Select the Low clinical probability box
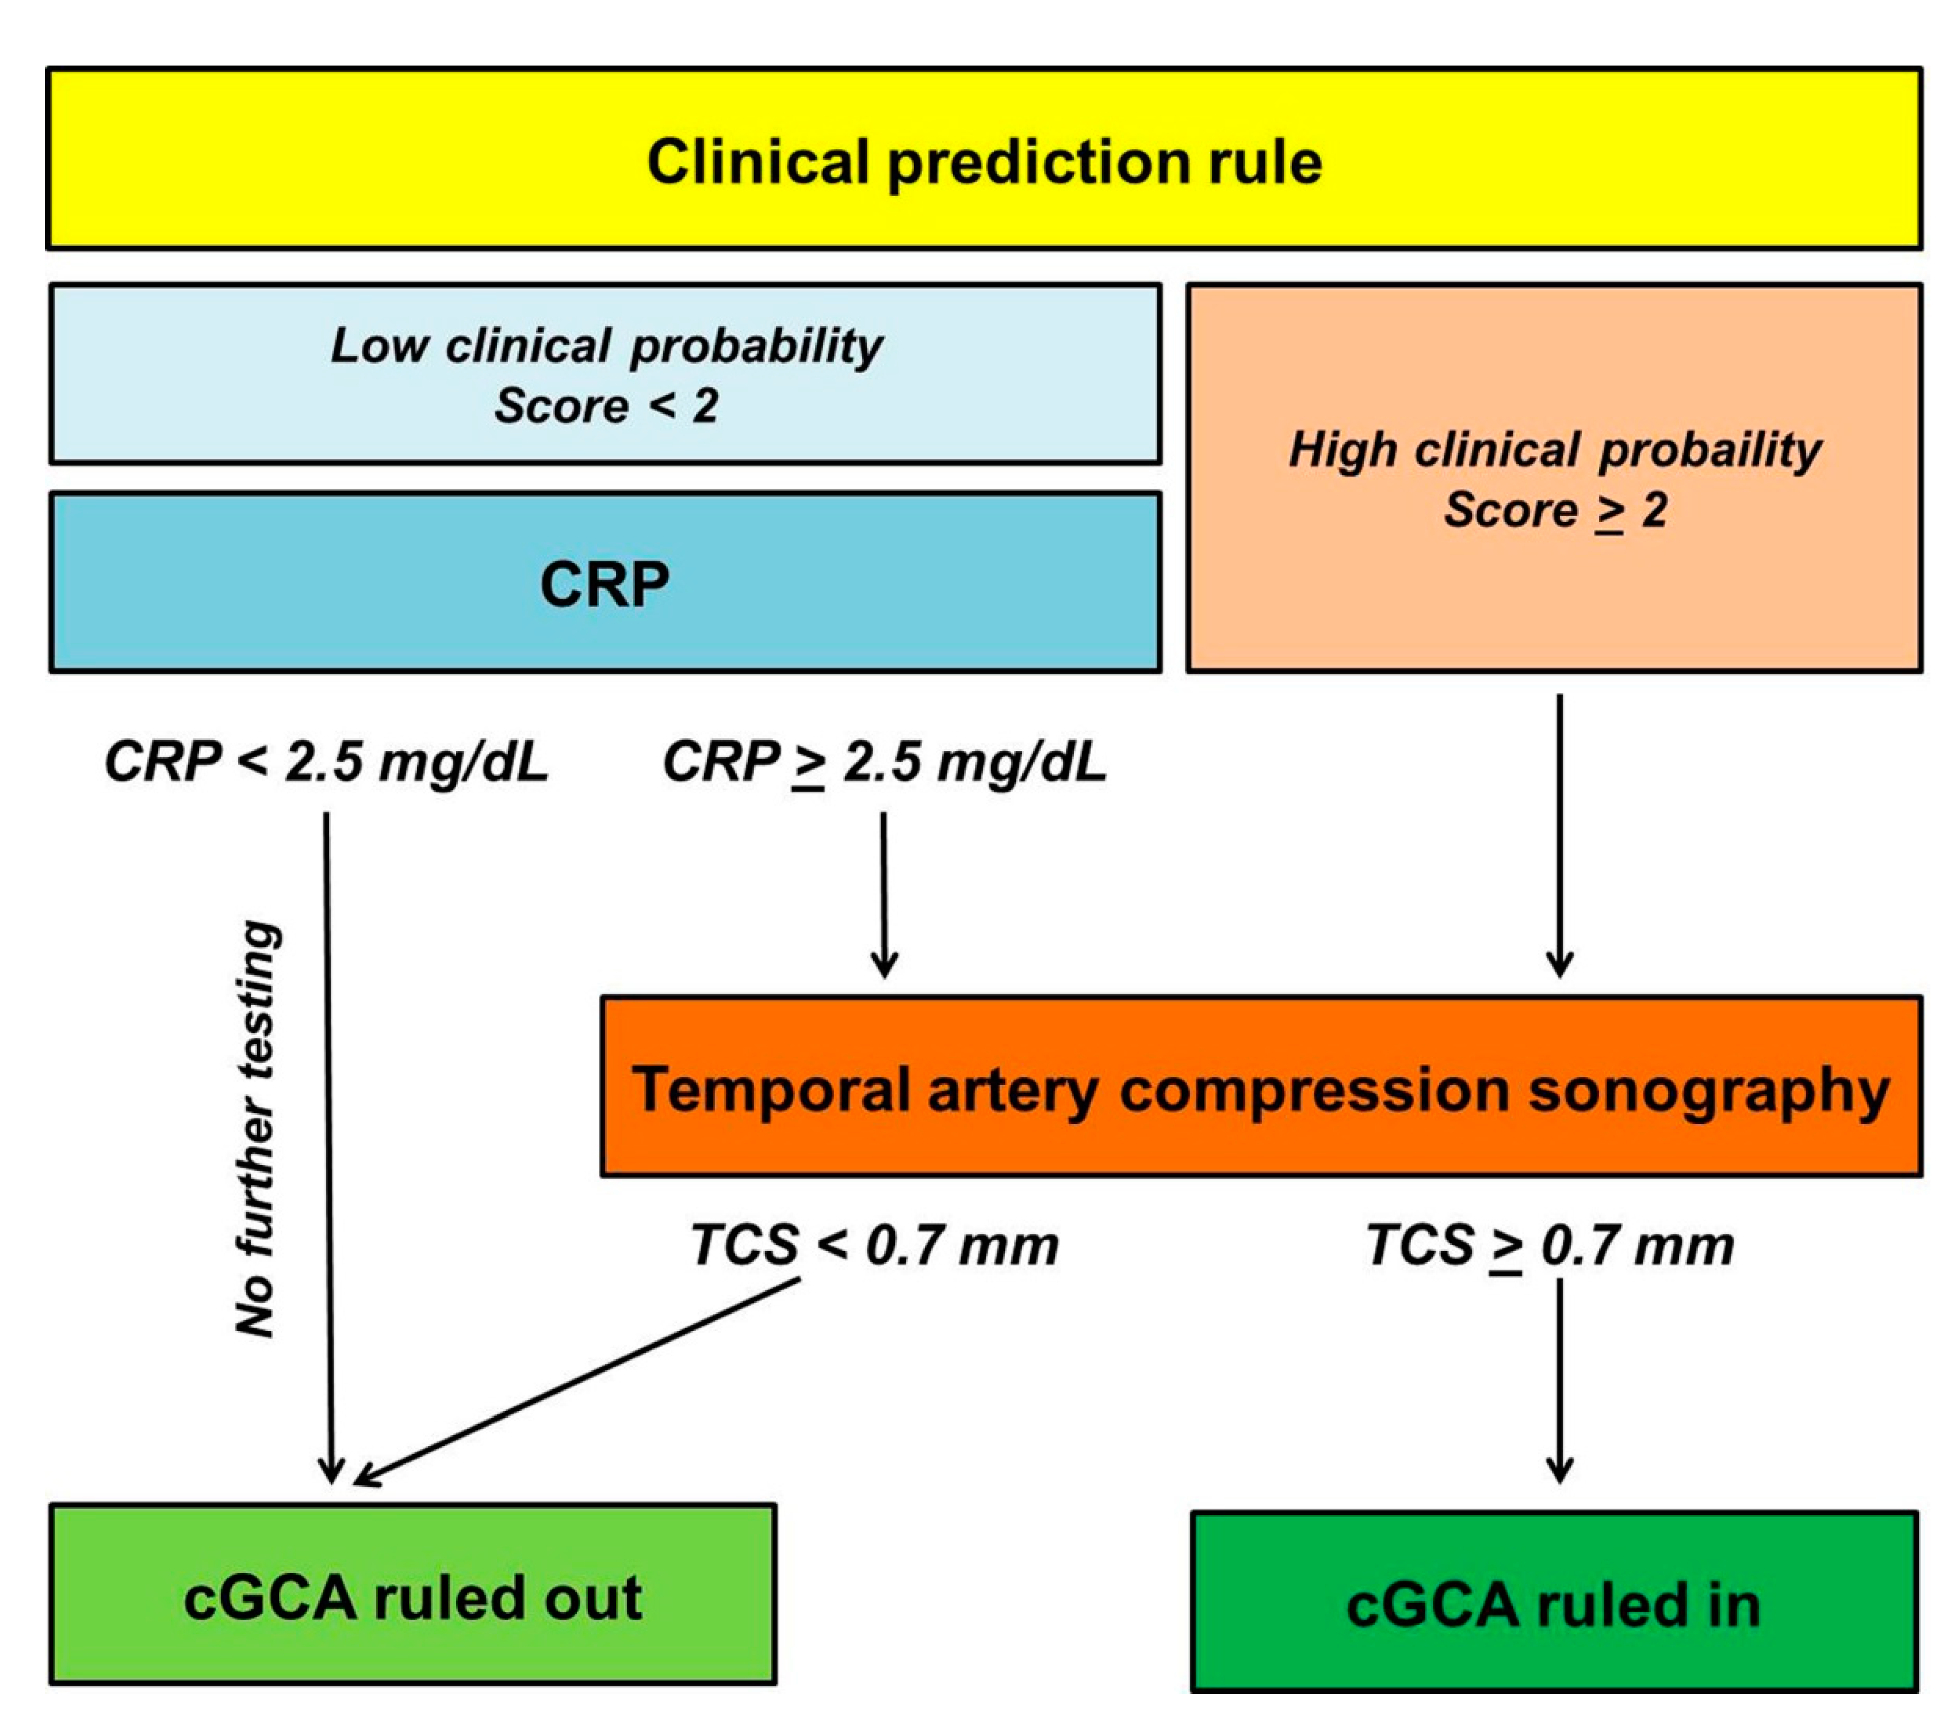[x=606, y=374]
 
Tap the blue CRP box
[x=606, y=582]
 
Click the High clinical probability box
[x=1554, y=478]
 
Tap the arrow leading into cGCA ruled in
[x=1559, y=1379]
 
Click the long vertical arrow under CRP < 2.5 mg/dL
[x=328, y=1149]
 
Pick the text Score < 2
[x=606, y=406]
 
